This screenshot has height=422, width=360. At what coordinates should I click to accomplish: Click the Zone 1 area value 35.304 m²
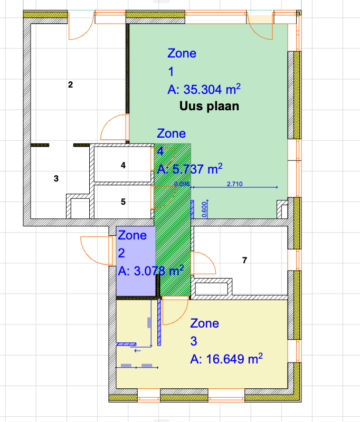[x=204, y=89]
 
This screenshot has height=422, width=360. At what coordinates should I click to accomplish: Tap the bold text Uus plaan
[x=209, y=106]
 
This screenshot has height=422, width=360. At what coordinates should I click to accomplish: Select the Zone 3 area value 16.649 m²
[x=226, y=359]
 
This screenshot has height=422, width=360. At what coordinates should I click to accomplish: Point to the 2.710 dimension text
[x=234, y=184]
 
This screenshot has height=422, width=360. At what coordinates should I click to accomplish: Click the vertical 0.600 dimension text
[x=204, y=209]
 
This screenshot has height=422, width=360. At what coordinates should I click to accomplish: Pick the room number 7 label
[x=244, y=260]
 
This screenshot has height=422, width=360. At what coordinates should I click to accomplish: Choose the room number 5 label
[x=123, y=202]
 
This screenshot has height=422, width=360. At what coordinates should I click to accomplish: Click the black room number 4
[x=123, y=165]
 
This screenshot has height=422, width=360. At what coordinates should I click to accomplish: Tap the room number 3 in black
[x=56, y=178]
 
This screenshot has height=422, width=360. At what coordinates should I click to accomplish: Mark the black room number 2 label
[x=70, y=84]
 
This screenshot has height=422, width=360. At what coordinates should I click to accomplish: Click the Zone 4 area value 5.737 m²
[x=190, y=169]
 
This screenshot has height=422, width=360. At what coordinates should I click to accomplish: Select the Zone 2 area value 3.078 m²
[x=151, y=271]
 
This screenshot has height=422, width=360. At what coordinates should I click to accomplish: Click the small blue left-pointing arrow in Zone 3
[x=137, y=351]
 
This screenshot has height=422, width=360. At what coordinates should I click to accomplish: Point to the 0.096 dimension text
[x=182, y=184]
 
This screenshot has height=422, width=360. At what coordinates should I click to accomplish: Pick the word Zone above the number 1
[x=182, y=53]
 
